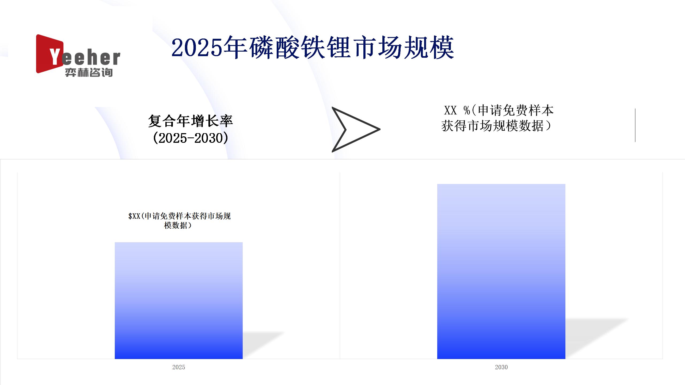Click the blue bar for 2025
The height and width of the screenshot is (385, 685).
(x=179, y=301)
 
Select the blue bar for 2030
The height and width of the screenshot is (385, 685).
(x=501, y=271)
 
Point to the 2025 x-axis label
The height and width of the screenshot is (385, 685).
(x=179, y=367)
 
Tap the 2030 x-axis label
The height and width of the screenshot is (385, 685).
(x=501, y=367)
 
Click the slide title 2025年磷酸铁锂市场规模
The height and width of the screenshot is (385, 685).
(x=313, y=48)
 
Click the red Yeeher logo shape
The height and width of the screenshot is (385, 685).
(x=50, y=54)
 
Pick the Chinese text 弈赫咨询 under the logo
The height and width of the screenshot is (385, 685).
(x=89, y=72)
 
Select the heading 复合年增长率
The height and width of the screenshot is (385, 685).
(x=191, y=121)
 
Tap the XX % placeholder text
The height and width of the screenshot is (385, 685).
(x=457, y=110)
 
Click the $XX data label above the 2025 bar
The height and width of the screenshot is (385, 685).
(x=179, y=221)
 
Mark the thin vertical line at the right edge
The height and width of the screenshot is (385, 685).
(x=635, y=125)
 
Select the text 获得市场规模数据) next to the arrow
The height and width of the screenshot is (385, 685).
(x=496, y=126)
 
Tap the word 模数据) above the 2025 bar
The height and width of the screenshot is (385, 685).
(x=178, y=225)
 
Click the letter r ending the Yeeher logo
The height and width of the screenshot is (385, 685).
(x=116, y=58)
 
